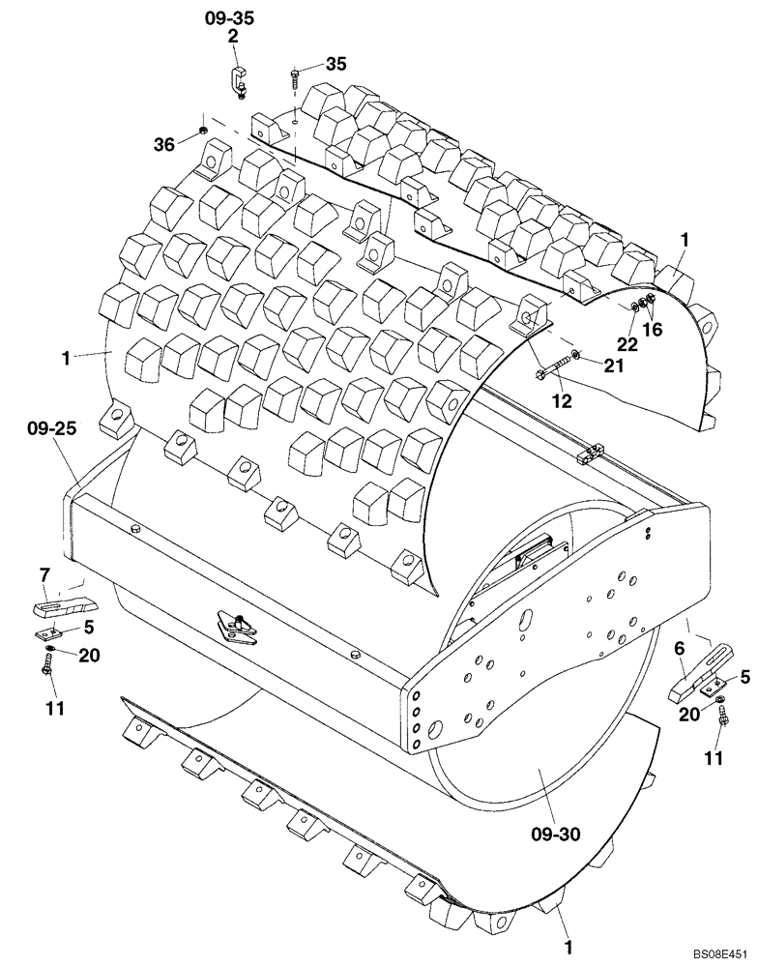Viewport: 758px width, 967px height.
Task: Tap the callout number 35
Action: pyautogui.click(x=335, y=64)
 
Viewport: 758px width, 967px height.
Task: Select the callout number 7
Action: pyautogui.click(x=44, y=577)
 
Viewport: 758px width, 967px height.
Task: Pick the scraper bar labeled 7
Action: pyautogui.click(x=65, y=608)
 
